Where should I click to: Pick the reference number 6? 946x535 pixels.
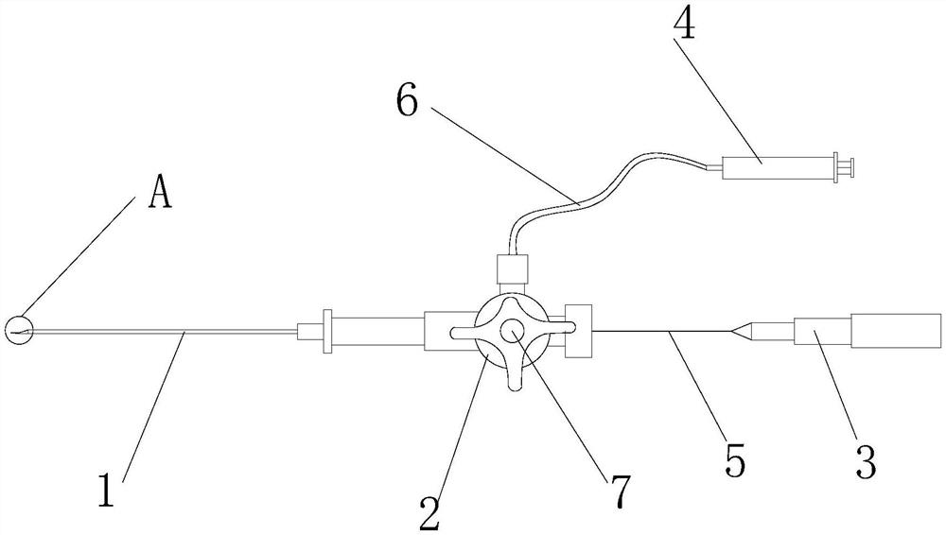click(407, 101)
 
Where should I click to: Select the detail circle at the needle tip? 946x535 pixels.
click(19, 330)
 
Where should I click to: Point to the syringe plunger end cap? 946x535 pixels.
click(848, 168)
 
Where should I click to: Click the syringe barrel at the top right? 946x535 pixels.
click(766, 168)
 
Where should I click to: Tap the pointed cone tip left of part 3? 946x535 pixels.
click(747, 332)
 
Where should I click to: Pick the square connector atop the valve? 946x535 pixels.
click(512, 271)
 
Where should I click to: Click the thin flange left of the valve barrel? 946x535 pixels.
click(327, 332)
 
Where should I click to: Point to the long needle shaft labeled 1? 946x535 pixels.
click(170, 332)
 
